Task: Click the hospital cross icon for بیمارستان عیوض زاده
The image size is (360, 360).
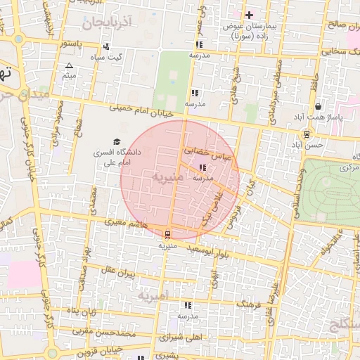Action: point(250,15)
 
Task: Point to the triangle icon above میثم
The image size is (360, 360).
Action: point(69,65)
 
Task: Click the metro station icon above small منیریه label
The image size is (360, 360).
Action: point(167,235)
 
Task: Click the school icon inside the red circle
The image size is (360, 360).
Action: point(203,168)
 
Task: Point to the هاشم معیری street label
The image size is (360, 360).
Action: point(127,221)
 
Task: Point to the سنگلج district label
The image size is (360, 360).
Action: point(345,324)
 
